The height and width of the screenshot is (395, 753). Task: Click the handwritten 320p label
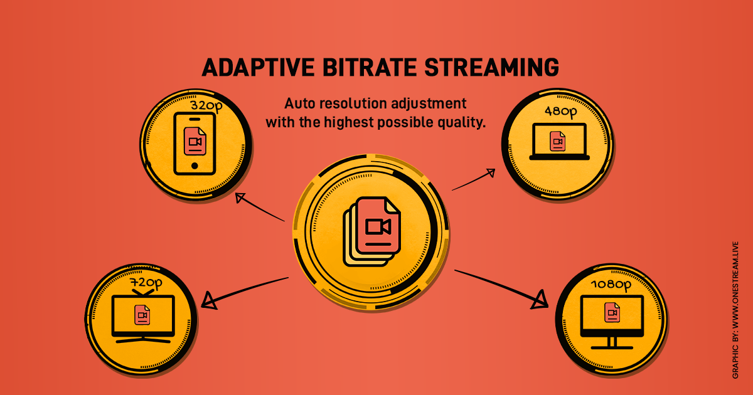[206, 107]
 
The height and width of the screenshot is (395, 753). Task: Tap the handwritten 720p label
[146, 283]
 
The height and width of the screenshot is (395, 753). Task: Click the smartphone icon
[193, 144]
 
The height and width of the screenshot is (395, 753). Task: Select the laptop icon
[559, 142]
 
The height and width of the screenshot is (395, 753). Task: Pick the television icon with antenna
[142, 313]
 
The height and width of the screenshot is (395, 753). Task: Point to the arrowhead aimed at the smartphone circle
[240, 199]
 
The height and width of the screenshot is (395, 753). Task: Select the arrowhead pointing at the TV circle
[208, 301]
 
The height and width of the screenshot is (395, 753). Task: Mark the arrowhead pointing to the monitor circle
[538, 300]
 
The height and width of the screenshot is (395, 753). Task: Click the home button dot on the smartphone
[194, 166]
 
